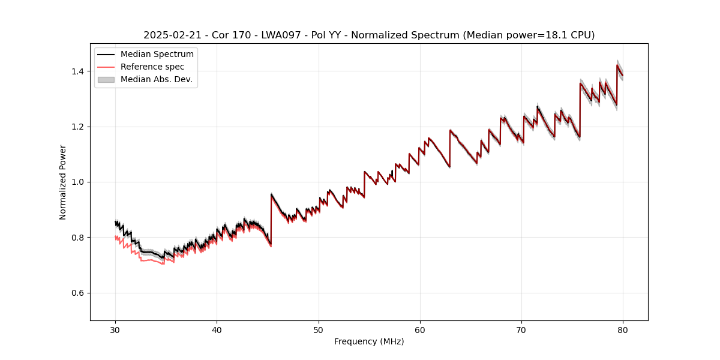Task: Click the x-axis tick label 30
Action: [115, 329]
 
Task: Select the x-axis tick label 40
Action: [217, 329]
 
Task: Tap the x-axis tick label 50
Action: [319, 329]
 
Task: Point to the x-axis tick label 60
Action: [420, 329]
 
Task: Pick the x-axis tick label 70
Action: [521, 329]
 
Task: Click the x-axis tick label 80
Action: [623, 329]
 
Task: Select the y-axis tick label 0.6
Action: [79, 293]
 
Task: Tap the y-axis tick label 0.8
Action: [79, 238]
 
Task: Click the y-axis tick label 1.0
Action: [79, 182]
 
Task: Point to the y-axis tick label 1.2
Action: [79, 127]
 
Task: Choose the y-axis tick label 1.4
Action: [79, 71]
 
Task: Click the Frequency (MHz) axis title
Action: [369, 341]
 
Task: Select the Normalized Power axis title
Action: [63, 182]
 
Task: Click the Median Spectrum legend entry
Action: [157, 55]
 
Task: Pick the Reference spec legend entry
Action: [152, 67]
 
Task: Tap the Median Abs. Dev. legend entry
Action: [157, 79]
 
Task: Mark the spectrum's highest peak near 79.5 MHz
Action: [617, 65]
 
